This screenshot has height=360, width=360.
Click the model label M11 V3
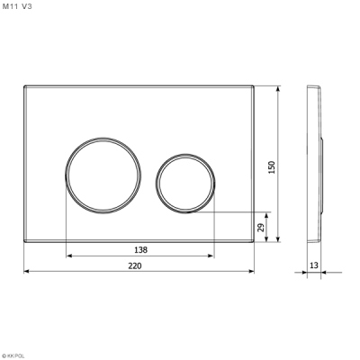click(19, 6)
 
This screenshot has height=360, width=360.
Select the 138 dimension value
click(140, 249)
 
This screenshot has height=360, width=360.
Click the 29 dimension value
click(263, 228)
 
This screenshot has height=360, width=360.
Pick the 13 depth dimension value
click(314, 265)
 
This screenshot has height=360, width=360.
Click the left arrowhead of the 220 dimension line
click(24, 273)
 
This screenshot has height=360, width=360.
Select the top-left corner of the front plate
click(24, 87)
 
